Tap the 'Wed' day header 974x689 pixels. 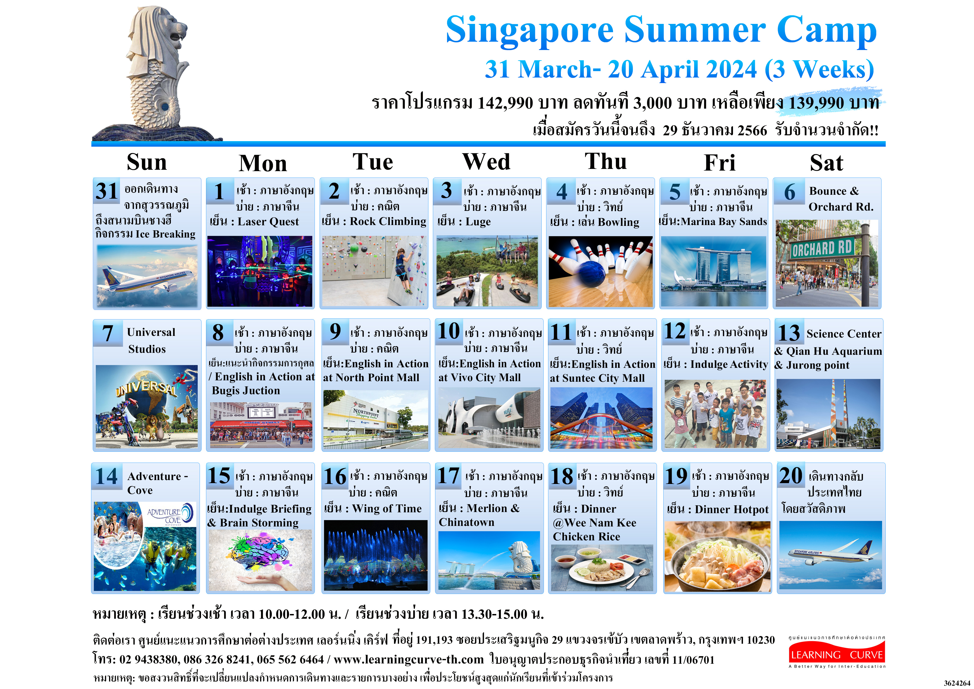[x=486, y=162]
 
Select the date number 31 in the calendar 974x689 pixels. [x=106, y=191]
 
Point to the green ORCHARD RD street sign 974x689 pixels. [x=822, y=248]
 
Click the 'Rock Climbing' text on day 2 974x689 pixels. [x=388, y=222]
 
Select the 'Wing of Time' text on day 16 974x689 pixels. [x=387, y=509]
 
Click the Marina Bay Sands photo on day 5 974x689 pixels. [x=714, y=272]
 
